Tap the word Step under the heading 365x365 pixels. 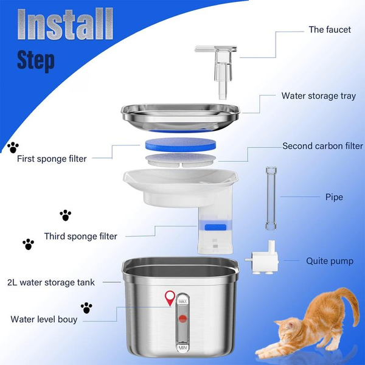tap(36, 61)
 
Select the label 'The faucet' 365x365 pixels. tap(330, 30)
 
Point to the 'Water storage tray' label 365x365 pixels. tap(318, 96)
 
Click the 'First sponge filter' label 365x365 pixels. tap(52, 159)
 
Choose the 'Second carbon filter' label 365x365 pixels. tap(322, 146)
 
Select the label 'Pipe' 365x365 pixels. tap(334, 197)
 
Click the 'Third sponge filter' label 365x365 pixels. tap(80, 236)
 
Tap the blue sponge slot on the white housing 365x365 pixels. tap(212, 227)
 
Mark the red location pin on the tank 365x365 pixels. tap(171, 298)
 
